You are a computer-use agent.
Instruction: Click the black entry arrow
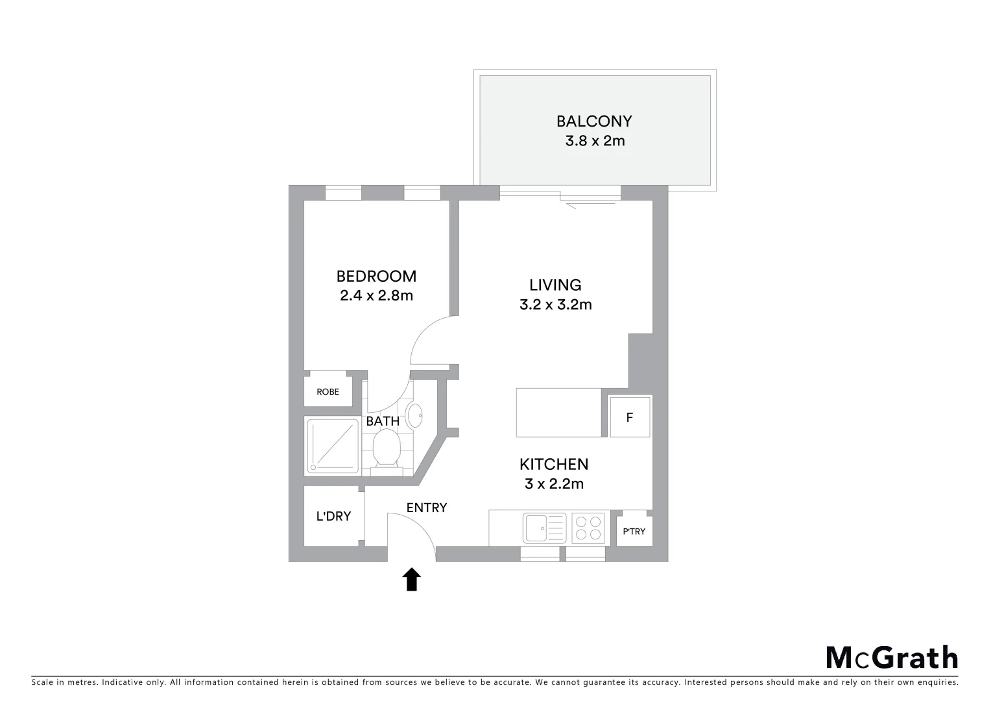(x=412, y=580)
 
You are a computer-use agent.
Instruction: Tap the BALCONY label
(x=594, y=121)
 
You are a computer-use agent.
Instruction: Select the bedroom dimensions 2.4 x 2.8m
(x=376, y=296)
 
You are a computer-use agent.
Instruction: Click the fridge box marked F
(x=629, y=417)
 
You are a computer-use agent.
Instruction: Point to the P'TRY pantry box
(x=634, y=531)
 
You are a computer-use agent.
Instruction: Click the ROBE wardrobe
(x=328, y=391)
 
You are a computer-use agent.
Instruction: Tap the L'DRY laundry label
(x=333, y=517)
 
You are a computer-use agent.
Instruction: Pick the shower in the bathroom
(x=333, y=445)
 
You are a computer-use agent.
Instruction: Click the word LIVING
(x=555, y=285)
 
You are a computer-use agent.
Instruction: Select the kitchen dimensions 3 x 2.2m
(x=554, y=484)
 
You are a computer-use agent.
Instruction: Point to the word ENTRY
(x=427, y=508)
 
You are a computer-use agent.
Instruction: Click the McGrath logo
(x=892, y=658)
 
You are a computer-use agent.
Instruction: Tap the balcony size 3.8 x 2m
(x=595, y=141)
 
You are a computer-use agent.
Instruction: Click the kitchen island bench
(x=558, y=412)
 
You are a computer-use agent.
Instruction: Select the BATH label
(x=383, y=421)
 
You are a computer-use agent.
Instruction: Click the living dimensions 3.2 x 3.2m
(x=556, y=304)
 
